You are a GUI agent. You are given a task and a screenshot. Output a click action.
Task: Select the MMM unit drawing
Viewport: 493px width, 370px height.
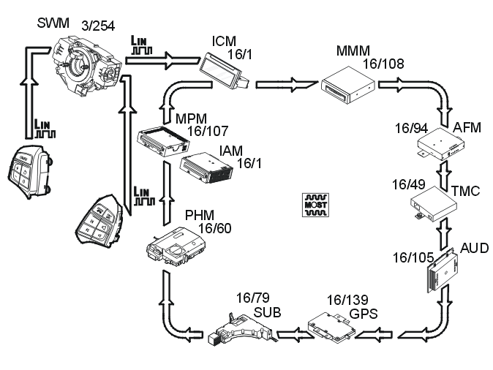click(349, 87)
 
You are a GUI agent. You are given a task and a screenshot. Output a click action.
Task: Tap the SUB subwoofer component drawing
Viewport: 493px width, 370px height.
click(241, 329)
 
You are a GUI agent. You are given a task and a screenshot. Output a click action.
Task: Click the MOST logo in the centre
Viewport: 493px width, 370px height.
click(314, 205)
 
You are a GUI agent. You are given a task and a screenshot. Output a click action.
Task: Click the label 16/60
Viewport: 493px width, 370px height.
click(214, 228)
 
